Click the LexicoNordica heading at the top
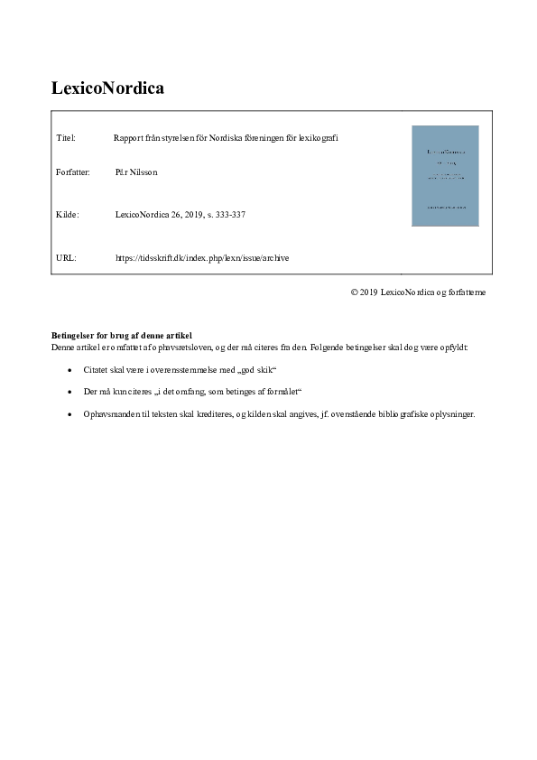107,88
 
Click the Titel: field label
65,138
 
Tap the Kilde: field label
68,215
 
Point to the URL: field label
66,258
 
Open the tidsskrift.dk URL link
202,258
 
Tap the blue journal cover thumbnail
445,175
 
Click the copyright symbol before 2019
355,292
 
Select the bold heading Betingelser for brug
122,336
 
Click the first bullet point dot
70,371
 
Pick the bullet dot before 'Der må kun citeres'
70,393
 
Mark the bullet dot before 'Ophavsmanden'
70,414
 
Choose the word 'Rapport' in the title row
127,138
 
